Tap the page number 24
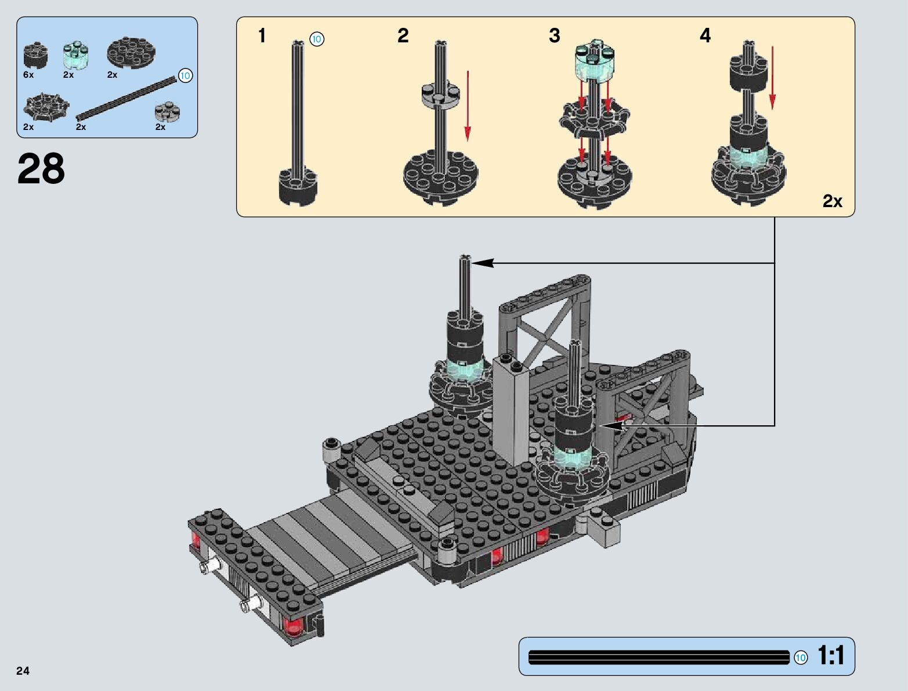23,670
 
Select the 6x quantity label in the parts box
28,75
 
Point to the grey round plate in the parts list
168,111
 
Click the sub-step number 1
262,35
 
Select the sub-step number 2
403,35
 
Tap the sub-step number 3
554,35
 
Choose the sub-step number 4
705,35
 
